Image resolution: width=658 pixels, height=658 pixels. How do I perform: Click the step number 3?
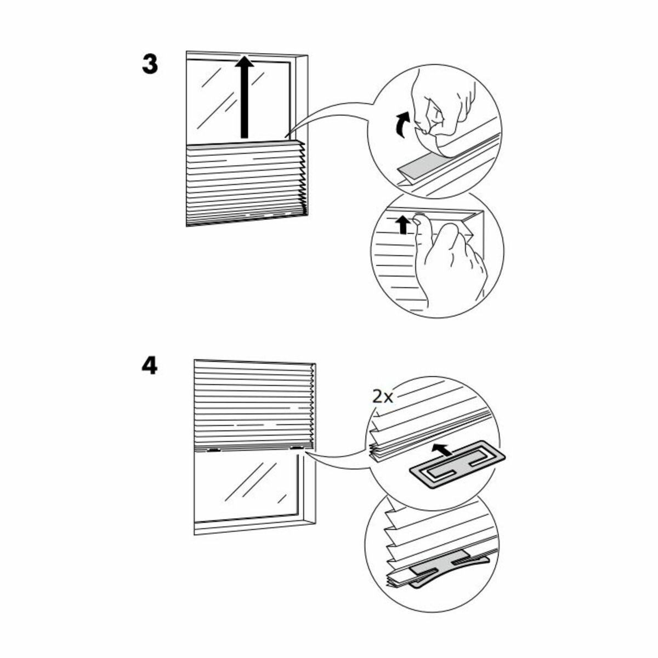click(x=150, y=65)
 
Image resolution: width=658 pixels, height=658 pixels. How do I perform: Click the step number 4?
click(x=150, y=366)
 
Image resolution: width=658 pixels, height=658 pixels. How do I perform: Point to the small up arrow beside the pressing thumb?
click(x=403, y=224)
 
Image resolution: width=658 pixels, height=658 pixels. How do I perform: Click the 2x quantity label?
click(x=383, y=396)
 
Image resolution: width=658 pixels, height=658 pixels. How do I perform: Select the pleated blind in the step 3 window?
click(x=244, y=184)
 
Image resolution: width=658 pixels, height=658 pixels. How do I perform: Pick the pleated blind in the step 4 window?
click(x=252, y=403)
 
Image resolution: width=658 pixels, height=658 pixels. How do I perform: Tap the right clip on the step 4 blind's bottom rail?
click(x=297, y=448)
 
